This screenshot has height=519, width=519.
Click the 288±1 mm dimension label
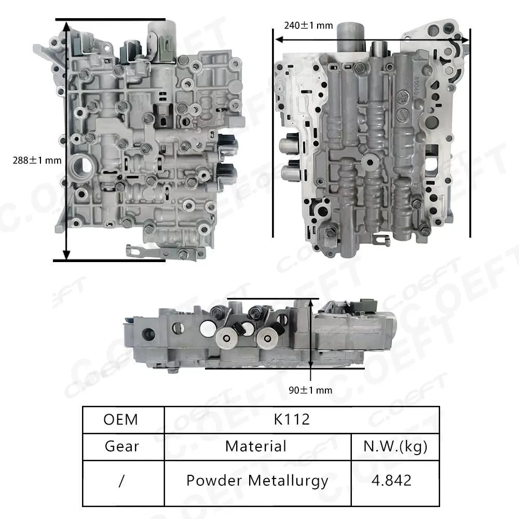click(37, 160)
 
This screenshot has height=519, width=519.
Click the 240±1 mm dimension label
click(308, 25)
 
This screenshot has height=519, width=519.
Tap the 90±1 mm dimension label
click(310, 390)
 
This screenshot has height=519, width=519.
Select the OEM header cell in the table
click(121, 419)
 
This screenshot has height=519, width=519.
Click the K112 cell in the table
click(292, 419)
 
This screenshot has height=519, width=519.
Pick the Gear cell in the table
click(121, 446)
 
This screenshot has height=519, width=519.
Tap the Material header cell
click(256, 446)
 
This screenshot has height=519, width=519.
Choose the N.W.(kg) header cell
click(396, 446)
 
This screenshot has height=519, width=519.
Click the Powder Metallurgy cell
click(257, 480)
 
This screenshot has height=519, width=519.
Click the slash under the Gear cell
click(121, 481)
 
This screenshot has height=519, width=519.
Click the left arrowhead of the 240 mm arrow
click(278, 39)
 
